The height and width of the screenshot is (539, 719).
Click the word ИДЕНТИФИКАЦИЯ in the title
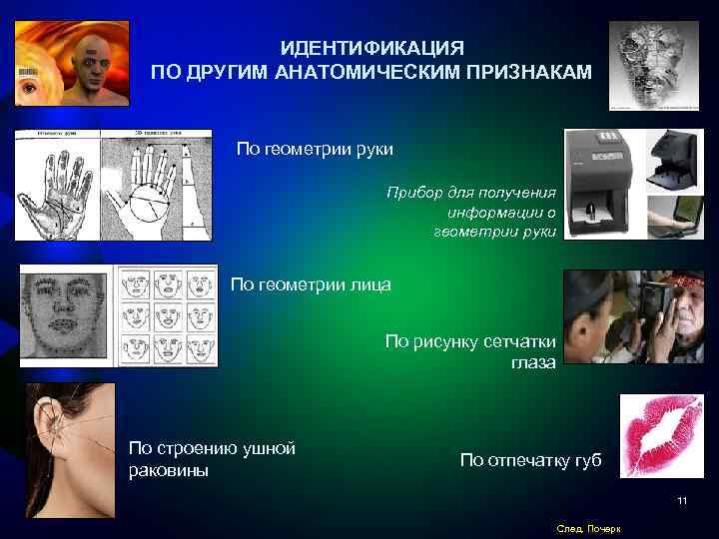pyautogui.click(x=370, y=48)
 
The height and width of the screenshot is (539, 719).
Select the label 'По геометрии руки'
pyautogui.click(x=314, y=149)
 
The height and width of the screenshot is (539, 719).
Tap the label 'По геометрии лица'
pyautogui.click(x=311, y=285)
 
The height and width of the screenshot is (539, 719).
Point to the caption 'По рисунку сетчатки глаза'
pyautogui.click(x=470, y=352)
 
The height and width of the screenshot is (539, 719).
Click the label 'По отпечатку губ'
pyautogui.click(x=530, y=460)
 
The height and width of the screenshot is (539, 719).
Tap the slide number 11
pyautogui.click(x=682, y=500)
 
